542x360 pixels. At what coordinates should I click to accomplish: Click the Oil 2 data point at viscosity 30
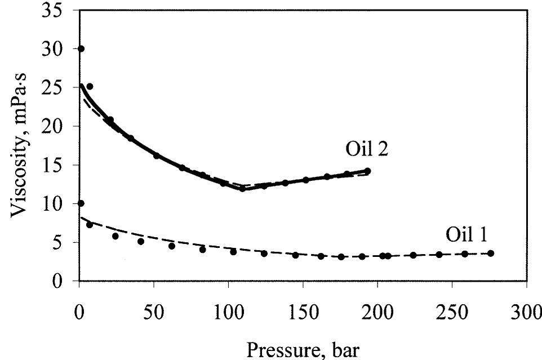pyautogui.click(x=81, y=49)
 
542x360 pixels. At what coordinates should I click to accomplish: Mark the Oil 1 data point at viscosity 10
pyautogui.click(x=81, y=203)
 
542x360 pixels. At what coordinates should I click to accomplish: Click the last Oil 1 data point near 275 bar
pyautogui.click(x=491, y=254)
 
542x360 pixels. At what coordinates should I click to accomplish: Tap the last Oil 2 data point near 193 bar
pyautogui.click(x=367, y=171)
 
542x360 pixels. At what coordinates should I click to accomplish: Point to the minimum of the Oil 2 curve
pyautogui.click(x=243, y=189)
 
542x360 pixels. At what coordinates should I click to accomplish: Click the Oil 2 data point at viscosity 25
pyautogui.click(x=90, y=87)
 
